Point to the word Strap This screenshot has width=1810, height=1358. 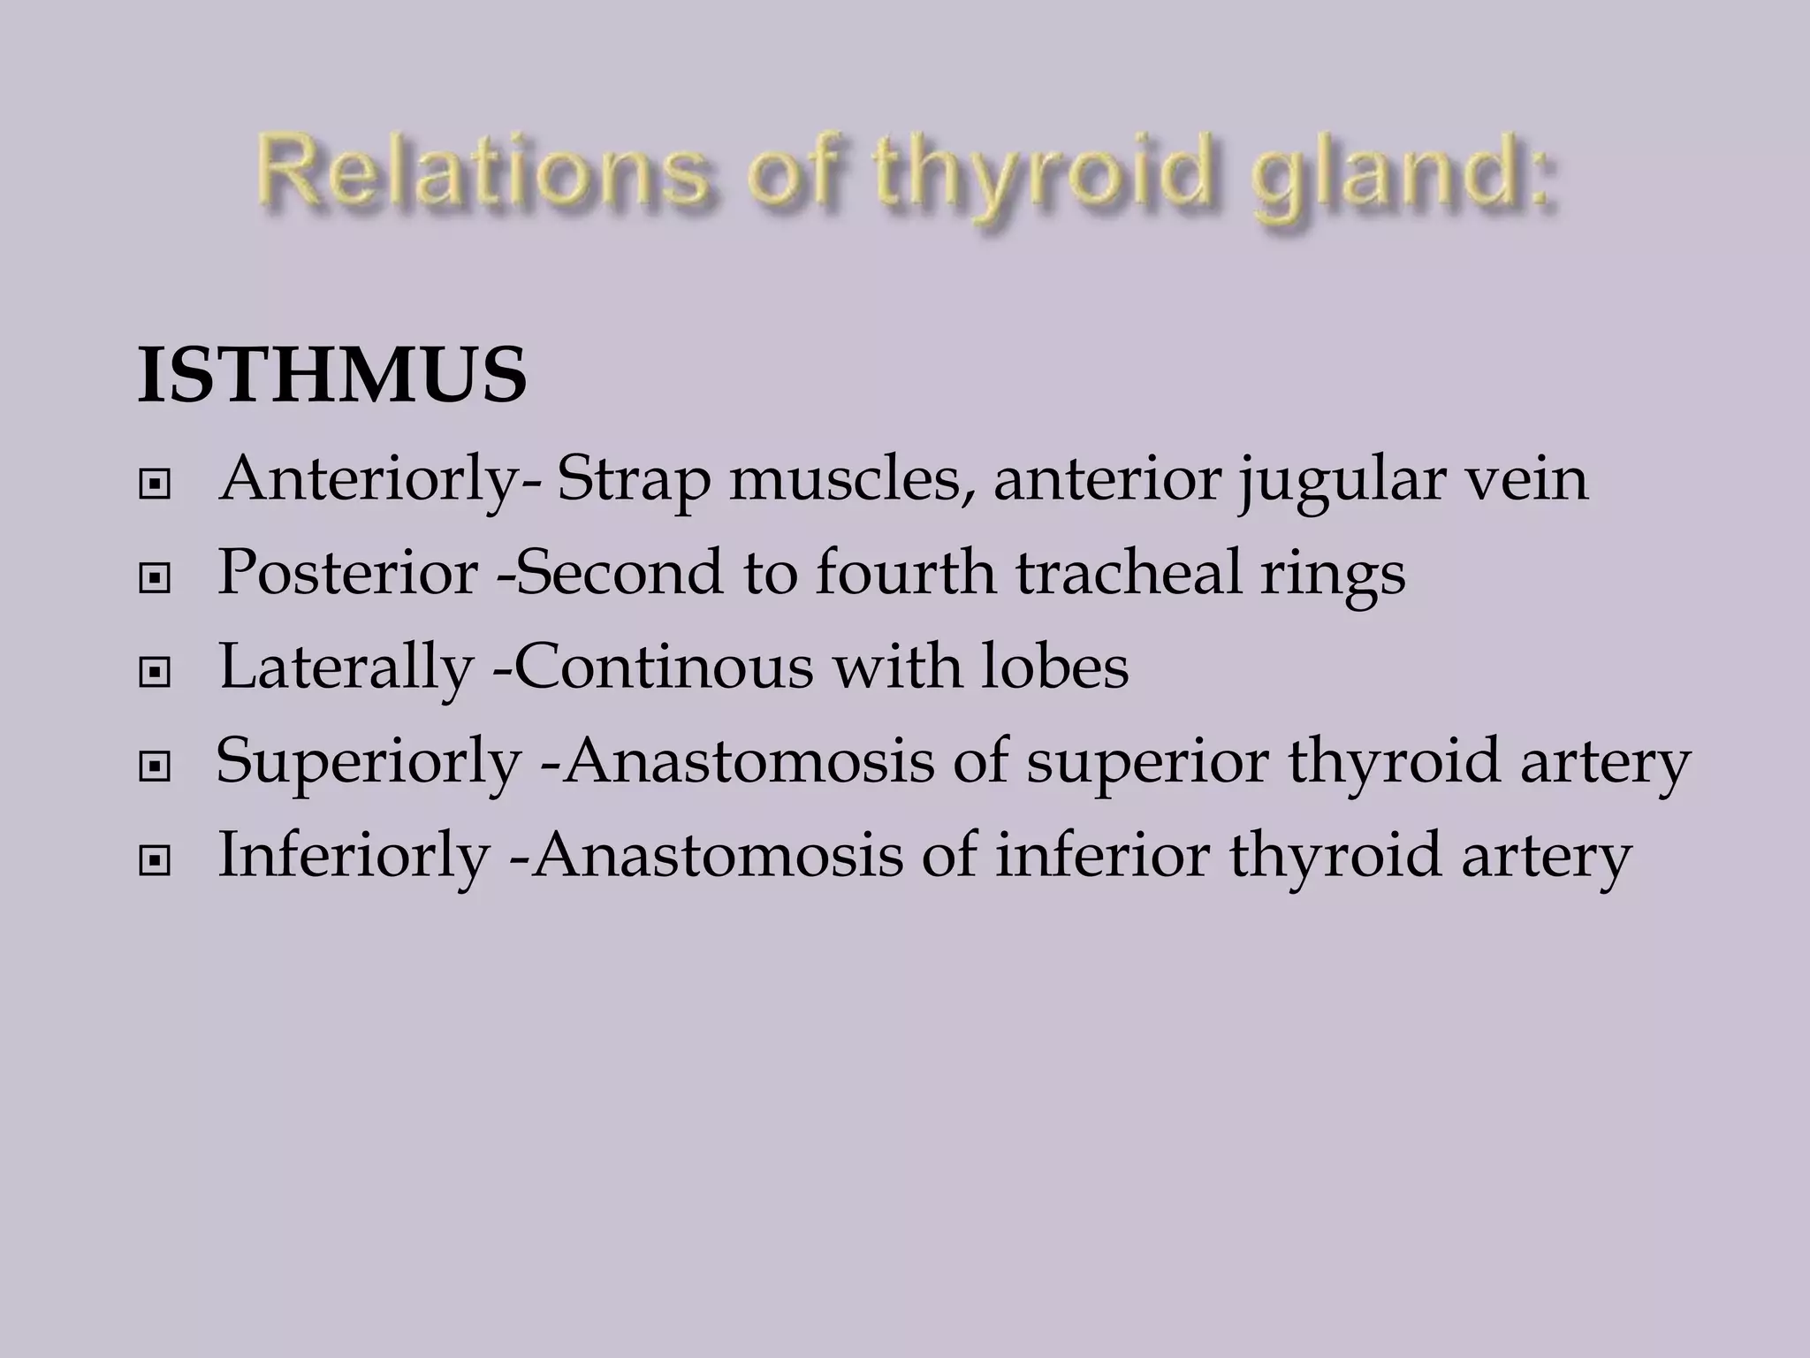pos(633,482)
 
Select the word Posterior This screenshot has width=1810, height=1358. pos(347,573)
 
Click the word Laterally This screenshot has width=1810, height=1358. pos(346,668)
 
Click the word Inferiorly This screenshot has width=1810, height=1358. pos(354,856)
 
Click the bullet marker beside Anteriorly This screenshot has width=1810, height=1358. pos(155,485)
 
